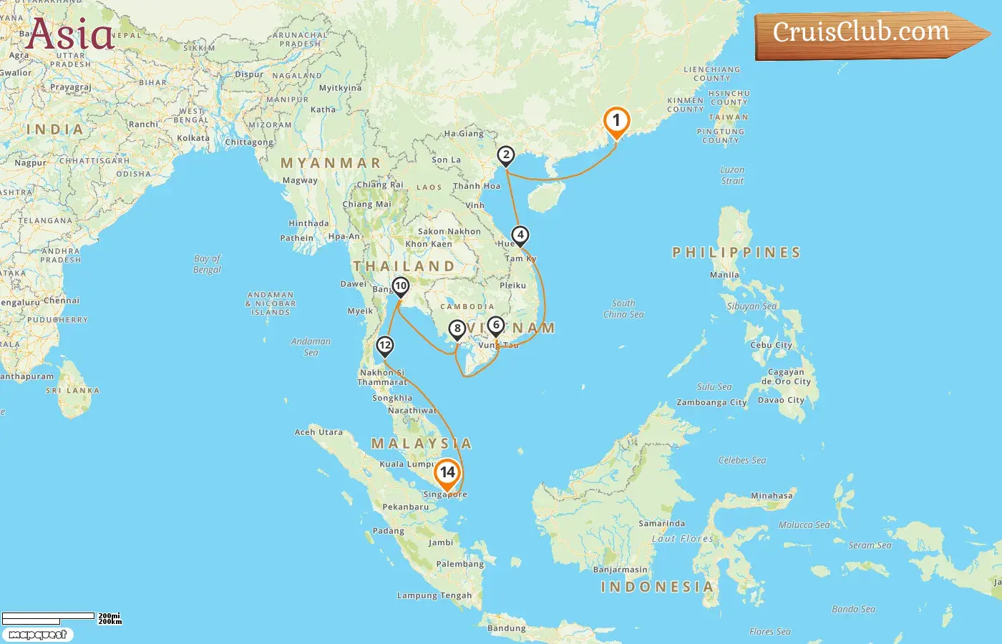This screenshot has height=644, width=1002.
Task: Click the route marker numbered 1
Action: click(x=616, y=121)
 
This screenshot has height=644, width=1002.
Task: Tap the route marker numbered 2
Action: click(x=506, y=155)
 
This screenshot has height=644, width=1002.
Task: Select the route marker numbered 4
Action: click(x=520, y=235)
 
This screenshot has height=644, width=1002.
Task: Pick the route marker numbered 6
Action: click(x=496, y=326)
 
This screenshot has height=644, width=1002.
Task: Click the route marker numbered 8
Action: click(x=457, y=329)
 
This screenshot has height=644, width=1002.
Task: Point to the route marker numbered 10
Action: click(x=401, y=286)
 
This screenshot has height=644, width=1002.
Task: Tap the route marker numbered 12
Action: click(x=385, y=346)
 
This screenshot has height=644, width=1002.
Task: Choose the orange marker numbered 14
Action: click(x=447, y=472)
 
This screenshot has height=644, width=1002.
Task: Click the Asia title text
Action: click(x=70, y=34)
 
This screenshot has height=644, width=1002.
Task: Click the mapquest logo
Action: click(x=37, y=634)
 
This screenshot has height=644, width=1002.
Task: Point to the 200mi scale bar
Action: click(x=49, y=616)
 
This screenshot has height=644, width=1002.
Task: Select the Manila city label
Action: click(x=724, y=275)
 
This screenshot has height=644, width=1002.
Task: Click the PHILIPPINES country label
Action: click(x=736, y=253)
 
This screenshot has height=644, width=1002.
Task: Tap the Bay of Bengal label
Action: click(x=208, y=264)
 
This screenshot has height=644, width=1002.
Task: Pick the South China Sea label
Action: click(x=623, y=308)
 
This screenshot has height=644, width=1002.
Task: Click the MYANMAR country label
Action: click(x=331, y=163)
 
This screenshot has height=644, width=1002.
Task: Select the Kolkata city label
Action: click(x=193, y=138)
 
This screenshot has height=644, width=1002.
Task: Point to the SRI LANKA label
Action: click(x=72, y=391)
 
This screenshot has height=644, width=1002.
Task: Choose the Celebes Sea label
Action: click(x=742, y=460)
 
